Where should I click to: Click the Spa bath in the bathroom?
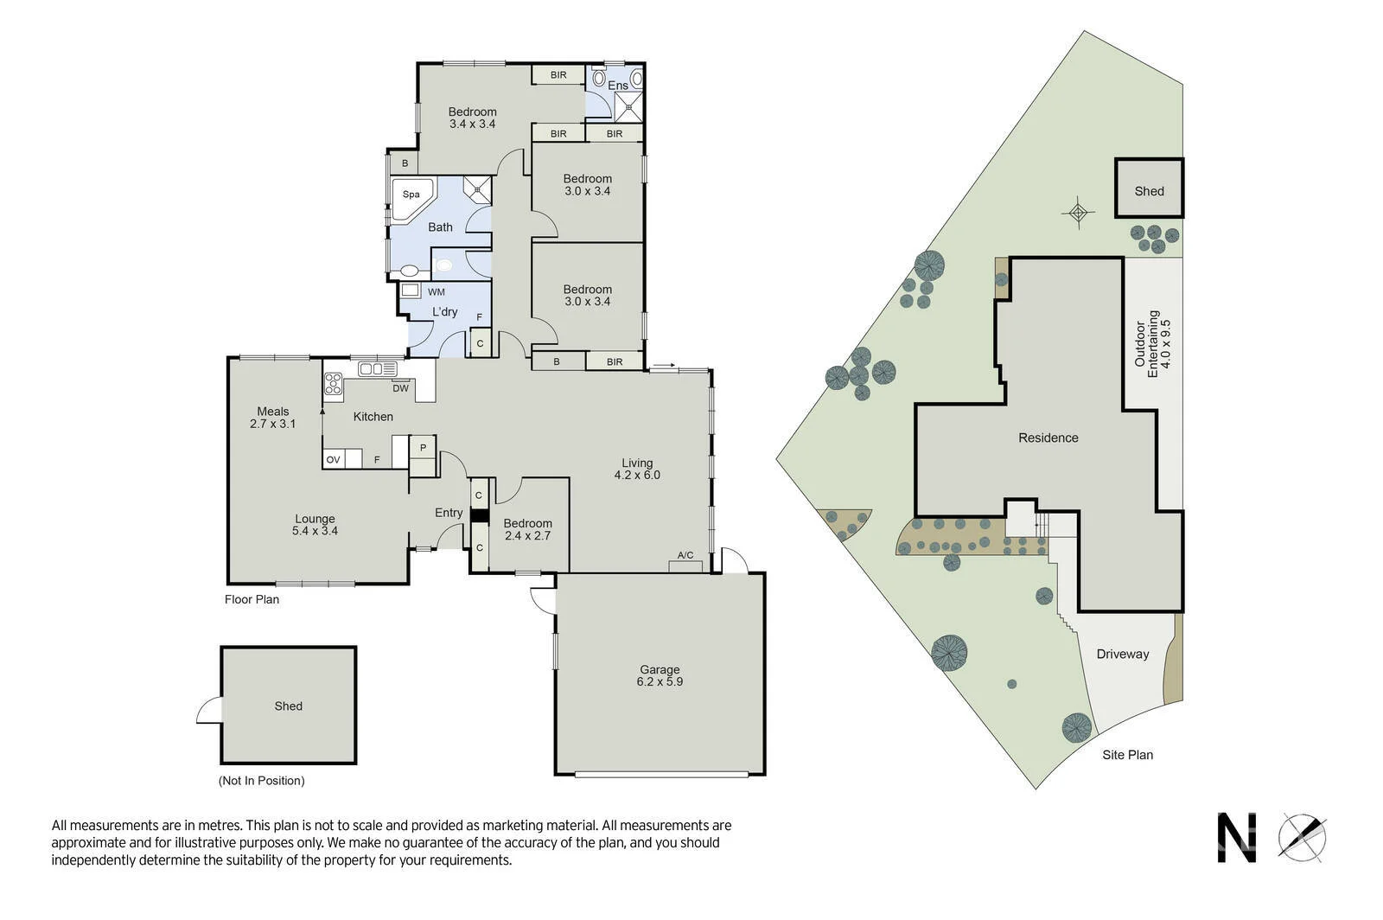pyautogui.click(x=411, y=195)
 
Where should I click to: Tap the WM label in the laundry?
pyautogui.click(x=436, y=292)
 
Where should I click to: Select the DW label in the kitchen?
pyautogui.click(x=400, y=388)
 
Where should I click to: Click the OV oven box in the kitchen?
pyautogui.click(x=333, y=460)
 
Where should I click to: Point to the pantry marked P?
pyautogui.click(x=423, y=448)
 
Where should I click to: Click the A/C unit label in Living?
pyautogui.click(x=685, y=555)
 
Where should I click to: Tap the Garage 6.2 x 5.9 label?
pyautogui.click(x=660, y=675)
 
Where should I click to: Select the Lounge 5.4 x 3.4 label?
pyautogui.click(x=315, y=525)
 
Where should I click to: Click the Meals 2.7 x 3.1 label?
pyautogui.click(x=273, y=418)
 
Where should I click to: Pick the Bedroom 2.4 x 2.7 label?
pyautogui.click(x=527, y=529)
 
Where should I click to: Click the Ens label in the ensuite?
pyautogui.click(x=618, y=86)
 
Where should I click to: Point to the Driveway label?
pyautogui.click(x=1122, y=655)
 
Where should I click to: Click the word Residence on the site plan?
pyautogui.click(x=1048, y=438)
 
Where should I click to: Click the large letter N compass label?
pyautogui.click(x=1236, y=838)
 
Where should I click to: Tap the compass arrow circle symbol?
pyautogui.click(x=1303, y=837)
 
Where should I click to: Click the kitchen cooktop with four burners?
pyautogui.click(x=333, y=384)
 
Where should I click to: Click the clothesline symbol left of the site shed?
pyautogui.click(x=1078, y=212)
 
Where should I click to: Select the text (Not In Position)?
pyautogui.click(x=261, y=781)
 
